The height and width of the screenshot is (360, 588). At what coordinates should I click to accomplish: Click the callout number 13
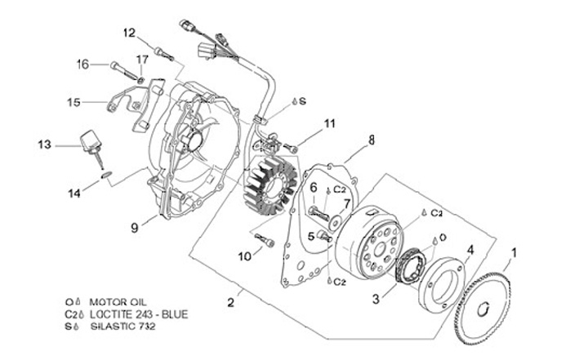44,144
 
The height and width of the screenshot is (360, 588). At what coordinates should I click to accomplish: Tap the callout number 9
135,227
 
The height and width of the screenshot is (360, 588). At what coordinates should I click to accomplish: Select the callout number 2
231,302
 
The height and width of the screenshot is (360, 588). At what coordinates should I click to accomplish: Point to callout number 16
82,64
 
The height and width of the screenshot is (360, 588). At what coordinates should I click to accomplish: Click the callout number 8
372,140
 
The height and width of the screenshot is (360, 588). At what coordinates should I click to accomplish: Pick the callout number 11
330,123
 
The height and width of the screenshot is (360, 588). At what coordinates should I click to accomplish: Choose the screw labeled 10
265,240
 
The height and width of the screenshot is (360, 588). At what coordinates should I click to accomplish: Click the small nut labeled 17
141,79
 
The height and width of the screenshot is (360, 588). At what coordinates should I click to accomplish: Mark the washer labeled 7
335,223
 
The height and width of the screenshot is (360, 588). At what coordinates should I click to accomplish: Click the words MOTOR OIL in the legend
118,302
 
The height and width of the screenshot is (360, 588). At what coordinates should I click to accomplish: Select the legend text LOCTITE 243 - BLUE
139,314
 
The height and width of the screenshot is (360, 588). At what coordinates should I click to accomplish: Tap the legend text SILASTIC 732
123,327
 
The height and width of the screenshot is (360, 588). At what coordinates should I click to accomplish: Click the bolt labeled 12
164,53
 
